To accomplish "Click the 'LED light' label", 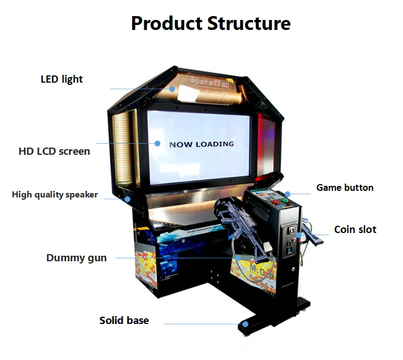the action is (62, 79).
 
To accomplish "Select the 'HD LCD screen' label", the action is (54, 150).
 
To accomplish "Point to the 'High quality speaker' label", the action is (55, 195).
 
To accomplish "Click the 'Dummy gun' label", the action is (77, 258).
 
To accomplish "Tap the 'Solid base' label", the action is (124, 320).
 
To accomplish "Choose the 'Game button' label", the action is (345, 187).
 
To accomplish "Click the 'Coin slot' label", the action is (355, 229).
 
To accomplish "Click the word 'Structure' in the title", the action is (249, 24).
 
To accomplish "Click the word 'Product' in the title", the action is (167, 24).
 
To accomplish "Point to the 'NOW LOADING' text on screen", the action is (201, 144).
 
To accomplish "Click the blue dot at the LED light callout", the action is (173, 88).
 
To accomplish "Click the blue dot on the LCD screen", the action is (157, 143).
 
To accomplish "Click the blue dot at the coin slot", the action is (299, 235).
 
